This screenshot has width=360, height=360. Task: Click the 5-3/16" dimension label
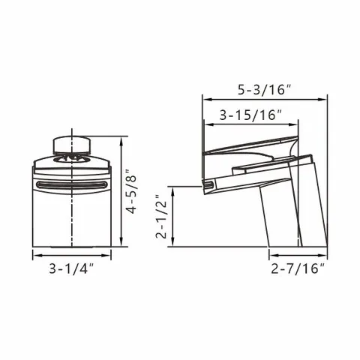coord(265,89)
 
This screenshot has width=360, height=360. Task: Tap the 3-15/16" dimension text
coord(250,115)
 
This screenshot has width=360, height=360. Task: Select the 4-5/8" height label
coord(131,191)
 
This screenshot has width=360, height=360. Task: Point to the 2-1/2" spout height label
coord(160,217)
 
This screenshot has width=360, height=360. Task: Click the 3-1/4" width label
coord(71,268)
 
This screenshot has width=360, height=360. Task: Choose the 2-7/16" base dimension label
coord(298,268)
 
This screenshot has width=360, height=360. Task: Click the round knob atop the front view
coord(72,145)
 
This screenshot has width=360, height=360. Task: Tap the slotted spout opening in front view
coord(70,185)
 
